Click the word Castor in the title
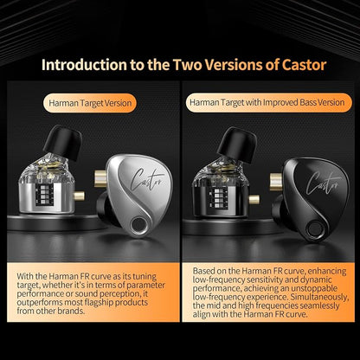[x=304, y=65]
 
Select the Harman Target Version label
[x=90, y=103]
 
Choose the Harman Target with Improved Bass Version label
[x=268, y=102]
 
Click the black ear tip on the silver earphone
[x=63, y=142]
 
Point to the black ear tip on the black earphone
[x=236, y=145]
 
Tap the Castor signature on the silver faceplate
[x=147, y=179]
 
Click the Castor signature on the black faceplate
[x=324, y=183]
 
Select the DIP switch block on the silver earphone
[x=44, y=195]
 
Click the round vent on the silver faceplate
[x=138, y=225]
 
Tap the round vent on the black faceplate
[x=314, y=229]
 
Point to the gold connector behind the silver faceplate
[x=100, y=178]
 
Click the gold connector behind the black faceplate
[x=276, y=182]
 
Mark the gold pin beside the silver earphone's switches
[x=79, y=196]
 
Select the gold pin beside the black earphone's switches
[x=254, y=199]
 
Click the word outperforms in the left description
[x=39, y=303]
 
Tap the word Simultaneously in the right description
[x=320, y=297]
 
